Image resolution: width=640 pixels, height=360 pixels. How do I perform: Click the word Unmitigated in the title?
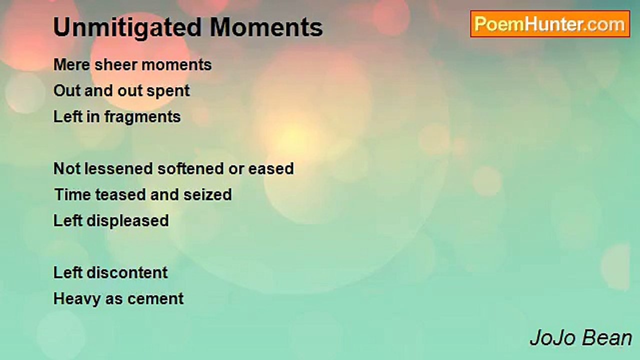(127, 27)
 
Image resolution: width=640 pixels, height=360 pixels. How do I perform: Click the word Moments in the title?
(266, 27)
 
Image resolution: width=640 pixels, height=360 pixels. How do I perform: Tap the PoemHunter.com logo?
(550, 24)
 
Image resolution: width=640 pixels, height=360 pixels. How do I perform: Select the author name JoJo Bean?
(580, 337)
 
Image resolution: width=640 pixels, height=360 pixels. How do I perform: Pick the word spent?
(168, 91)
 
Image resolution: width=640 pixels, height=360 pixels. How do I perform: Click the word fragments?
(142, 117)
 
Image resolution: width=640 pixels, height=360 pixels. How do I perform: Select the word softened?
(190, 168)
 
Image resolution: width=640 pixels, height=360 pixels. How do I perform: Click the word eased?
(271, 168)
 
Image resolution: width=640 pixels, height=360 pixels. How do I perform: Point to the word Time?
(72, 194)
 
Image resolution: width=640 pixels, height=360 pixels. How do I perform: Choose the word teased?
(120, 194)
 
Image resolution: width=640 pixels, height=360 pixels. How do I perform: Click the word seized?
(207, 194)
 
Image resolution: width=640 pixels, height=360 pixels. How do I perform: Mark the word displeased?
(127, 221)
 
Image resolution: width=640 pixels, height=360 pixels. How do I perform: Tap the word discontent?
(127, 272)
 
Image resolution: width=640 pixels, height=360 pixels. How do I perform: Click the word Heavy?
(77, 299)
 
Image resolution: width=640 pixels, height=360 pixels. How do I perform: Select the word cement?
(155, 299)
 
